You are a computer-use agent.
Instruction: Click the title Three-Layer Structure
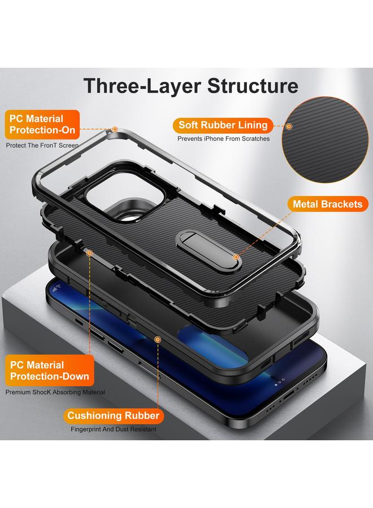click(x=191, y=86)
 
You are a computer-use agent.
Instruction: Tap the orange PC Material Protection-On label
click(x=43, y=125)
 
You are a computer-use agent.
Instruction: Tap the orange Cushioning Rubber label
click(x=114, y=416)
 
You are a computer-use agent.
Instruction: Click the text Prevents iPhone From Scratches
click(x=223, y=139)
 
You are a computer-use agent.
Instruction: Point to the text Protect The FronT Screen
click(x=42, y=146)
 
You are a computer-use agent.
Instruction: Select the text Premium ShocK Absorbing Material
click(x=55, y=392)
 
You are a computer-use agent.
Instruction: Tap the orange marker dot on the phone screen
click(x=158, y=339)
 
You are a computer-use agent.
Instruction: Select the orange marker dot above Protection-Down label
click(x=89, y=253)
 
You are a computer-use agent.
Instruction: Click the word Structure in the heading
click(x=252, y=86)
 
